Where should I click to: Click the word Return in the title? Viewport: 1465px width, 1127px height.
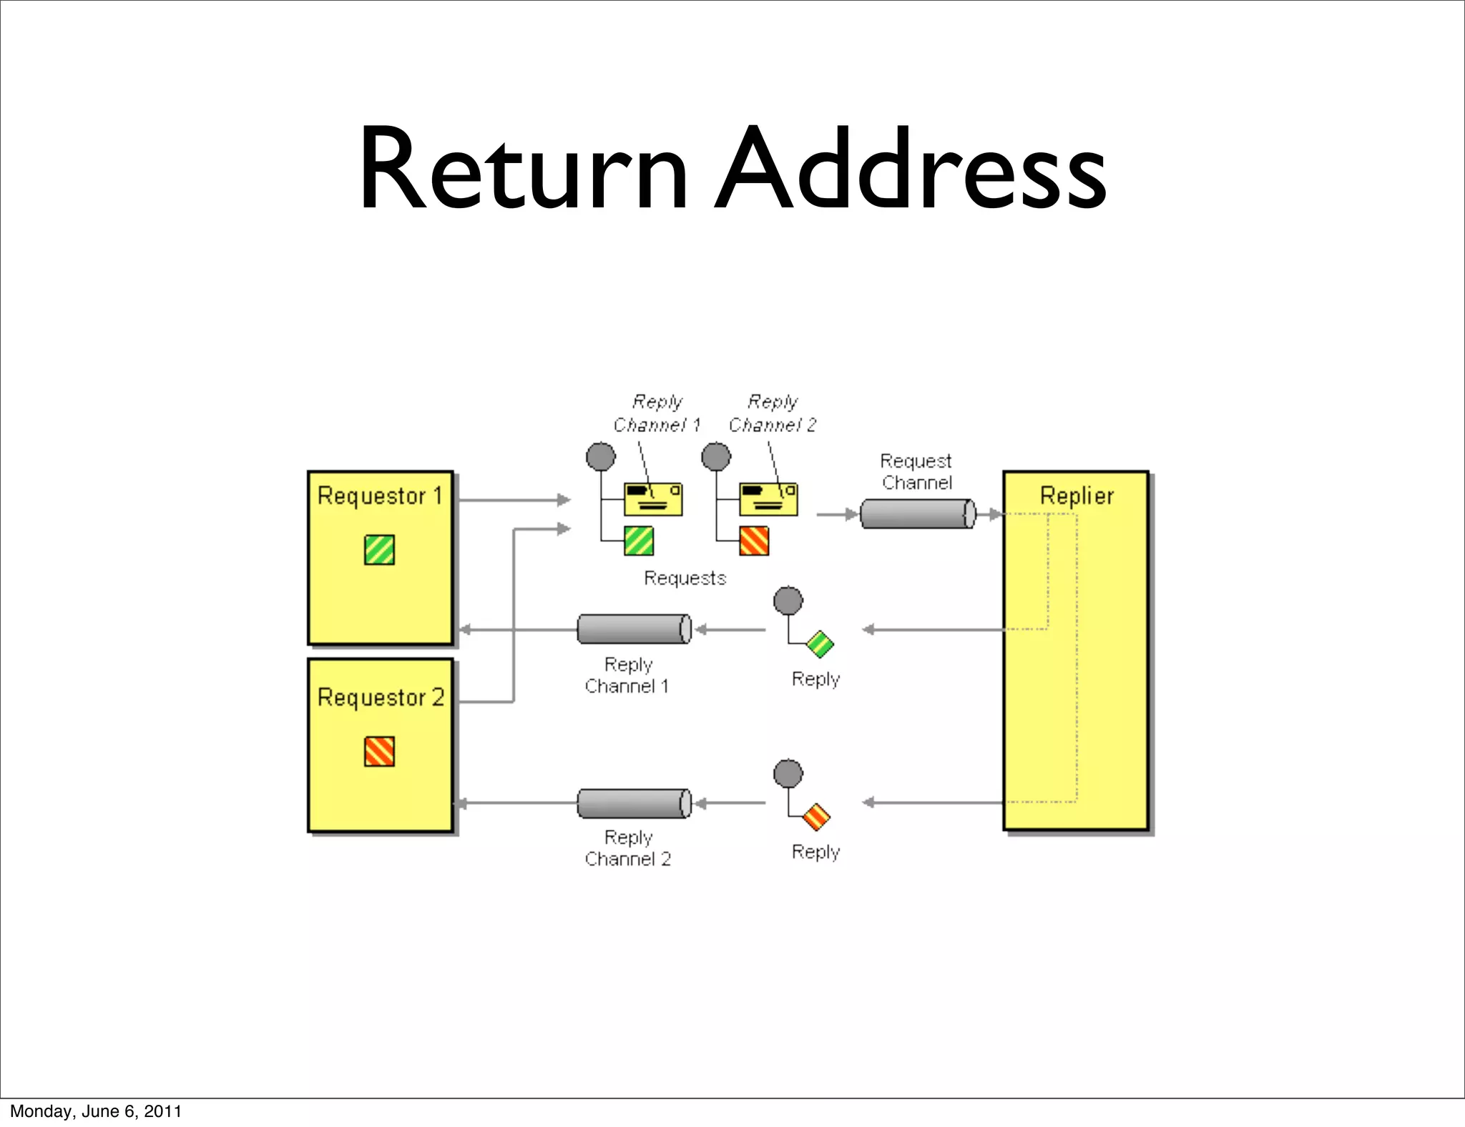coord(523,170)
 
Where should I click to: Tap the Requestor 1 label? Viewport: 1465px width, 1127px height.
coord(380,496)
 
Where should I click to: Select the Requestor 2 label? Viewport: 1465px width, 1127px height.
coord(381,697)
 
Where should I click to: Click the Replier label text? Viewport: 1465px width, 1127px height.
coord(1077,496)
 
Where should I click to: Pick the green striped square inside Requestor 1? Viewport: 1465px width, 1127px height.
coord(379,550)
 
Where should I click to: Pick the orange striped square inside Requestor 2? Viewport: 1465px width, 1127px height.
coord(379,752)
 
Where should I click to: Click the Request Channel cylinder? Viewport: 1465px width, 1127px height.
coord(916,513)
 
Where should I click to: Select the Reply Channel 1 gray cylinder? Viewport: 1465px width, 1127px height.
coord(634,629)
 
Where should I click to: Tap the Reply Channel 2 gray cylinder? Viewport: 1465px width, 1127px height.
coord(634,803)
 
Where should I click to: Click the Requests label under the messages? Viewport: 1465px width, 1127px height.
coord(685,578)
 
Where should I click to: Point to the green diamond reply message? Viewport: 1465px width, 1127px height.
coord(820,644)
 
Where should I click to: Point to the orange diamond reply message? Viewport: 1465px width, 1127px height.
coord(817,817)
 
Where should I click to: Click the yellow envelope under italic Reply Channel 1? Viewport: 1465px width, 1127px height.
coord(653,499)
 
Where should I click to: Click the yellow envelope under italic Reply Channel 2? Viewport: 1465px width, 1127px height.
coord(768,499)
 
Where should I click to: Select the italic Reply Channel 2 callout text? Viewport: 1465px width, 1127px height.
coord(773,413)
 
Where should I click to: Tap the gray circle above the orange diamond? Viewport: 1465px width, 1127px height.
coord(788,773)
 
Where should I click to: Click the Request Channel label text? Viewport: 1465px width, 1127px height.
coord(916,471)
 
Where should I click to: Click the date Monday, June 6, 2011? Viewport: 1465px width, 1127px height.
coord(96,1111)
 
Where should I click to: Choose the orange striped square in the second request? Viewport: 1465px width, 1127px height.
coord(754,541)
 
